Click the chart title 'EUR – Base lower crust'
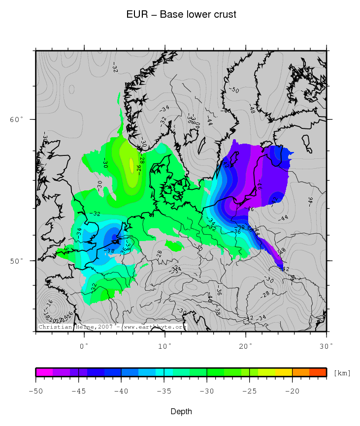(x=181, y=15)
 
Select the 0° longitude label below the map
(x=84, y=346)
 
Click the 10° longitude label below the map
(x=165, y=346)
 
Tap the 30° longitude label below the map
(x=326, y=346)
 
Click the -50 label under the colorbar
(x=35, y=391)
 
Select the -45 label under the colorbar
(x=78, y=391)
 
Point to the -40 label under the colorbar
(x=121, y=391)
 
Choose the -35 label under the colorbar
(x=164, y=391)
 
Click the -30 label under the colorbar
(x=207, y=391)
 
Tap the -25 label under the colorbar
(x=250, y=391)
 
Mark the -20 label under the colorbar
(x=293, y=391)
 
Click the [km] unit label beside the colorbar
(x=342, y=373)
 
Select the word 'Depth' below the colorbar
(x=181, y=411)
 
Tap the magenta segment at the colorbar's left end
(x=44, y=372)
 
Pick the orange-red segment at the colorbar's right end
(x=318, y=372)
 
